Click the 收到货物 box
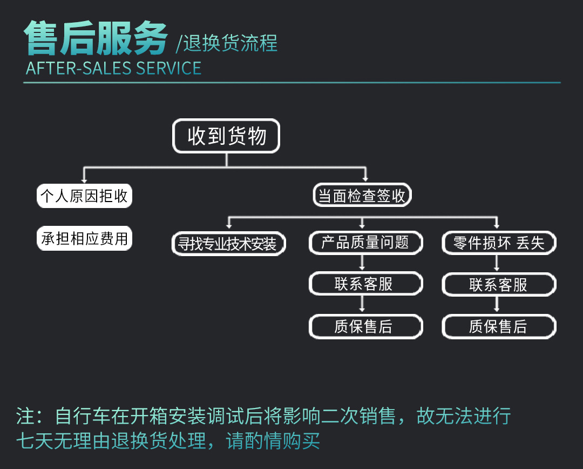click(226, 136)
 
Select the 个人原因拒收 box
click(84, 196)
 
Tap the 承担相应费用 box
click(84, 238)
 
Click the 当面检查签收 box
click(362, 196)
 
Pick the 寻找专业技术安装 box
click(227, 244)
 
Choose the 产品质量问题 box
click(365, 243)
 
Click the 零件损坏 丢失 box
click(498, 243)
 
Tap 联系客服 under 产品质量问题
click(365, 284)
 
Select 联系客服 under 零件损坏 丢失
click(498, 285)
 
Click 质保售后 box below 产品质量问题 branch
click(365, 326)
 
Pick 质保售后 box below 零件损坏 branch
click(498, 326)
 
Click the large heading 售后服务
click(96, 39)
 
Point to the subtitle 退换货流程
click(230, 43)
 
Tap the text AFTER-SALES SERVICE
click(113, 69)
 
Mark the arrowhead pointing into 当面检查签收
click(365, 179)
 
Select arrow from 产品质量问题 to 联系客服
click(362, 264)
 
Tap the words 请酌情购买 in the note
click(273, 441)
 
